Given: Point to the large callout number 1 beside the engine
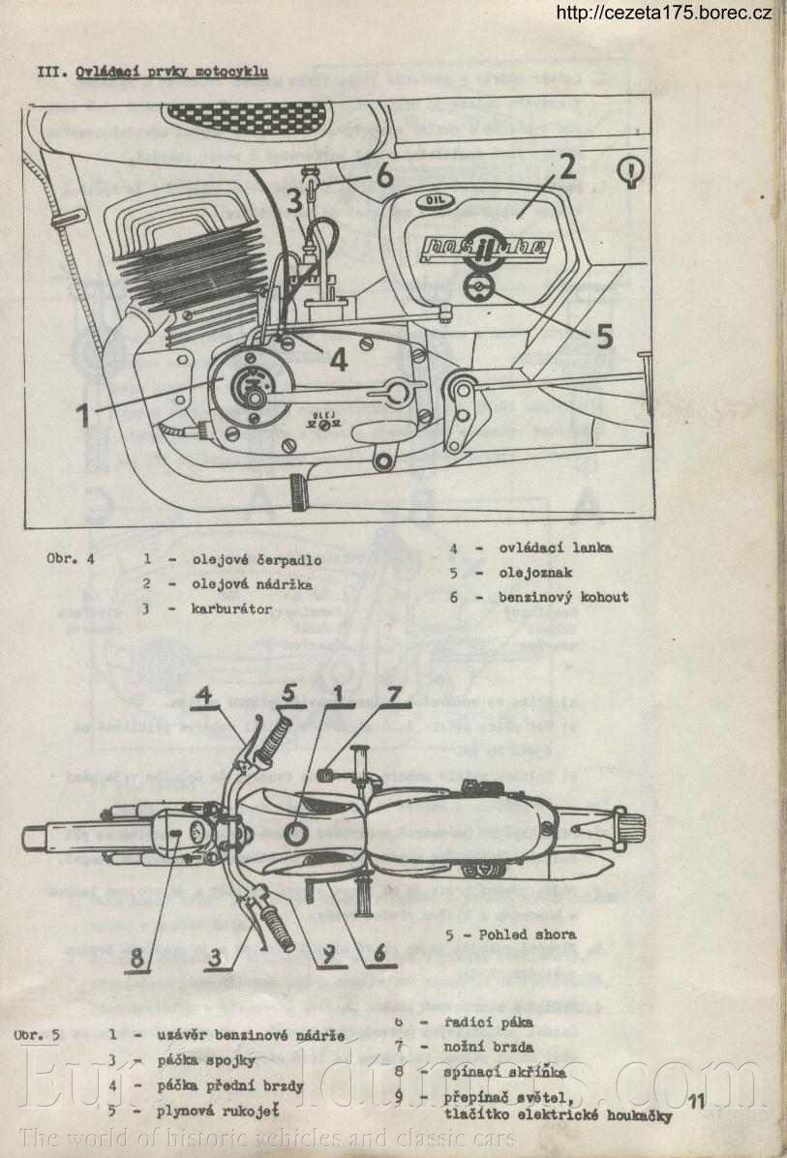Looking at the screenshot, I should click(84, 413).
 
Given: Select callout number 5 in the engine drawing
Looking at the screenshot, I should click(604, 335).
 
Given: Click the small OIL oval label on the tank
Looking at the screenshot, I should click(427, 201).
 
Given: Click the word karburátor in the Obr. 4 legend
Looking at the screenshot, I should click(231, 609).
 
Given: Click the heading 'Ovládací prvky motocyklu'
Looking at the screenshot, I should click(171, 72).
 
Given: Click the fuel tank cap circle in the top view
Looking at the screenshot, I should click(297, 832).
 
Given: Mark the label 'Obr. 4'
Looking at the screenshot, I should click(70, 559).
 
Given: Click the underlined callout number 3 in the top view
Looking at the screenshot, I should click(221, 958).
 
